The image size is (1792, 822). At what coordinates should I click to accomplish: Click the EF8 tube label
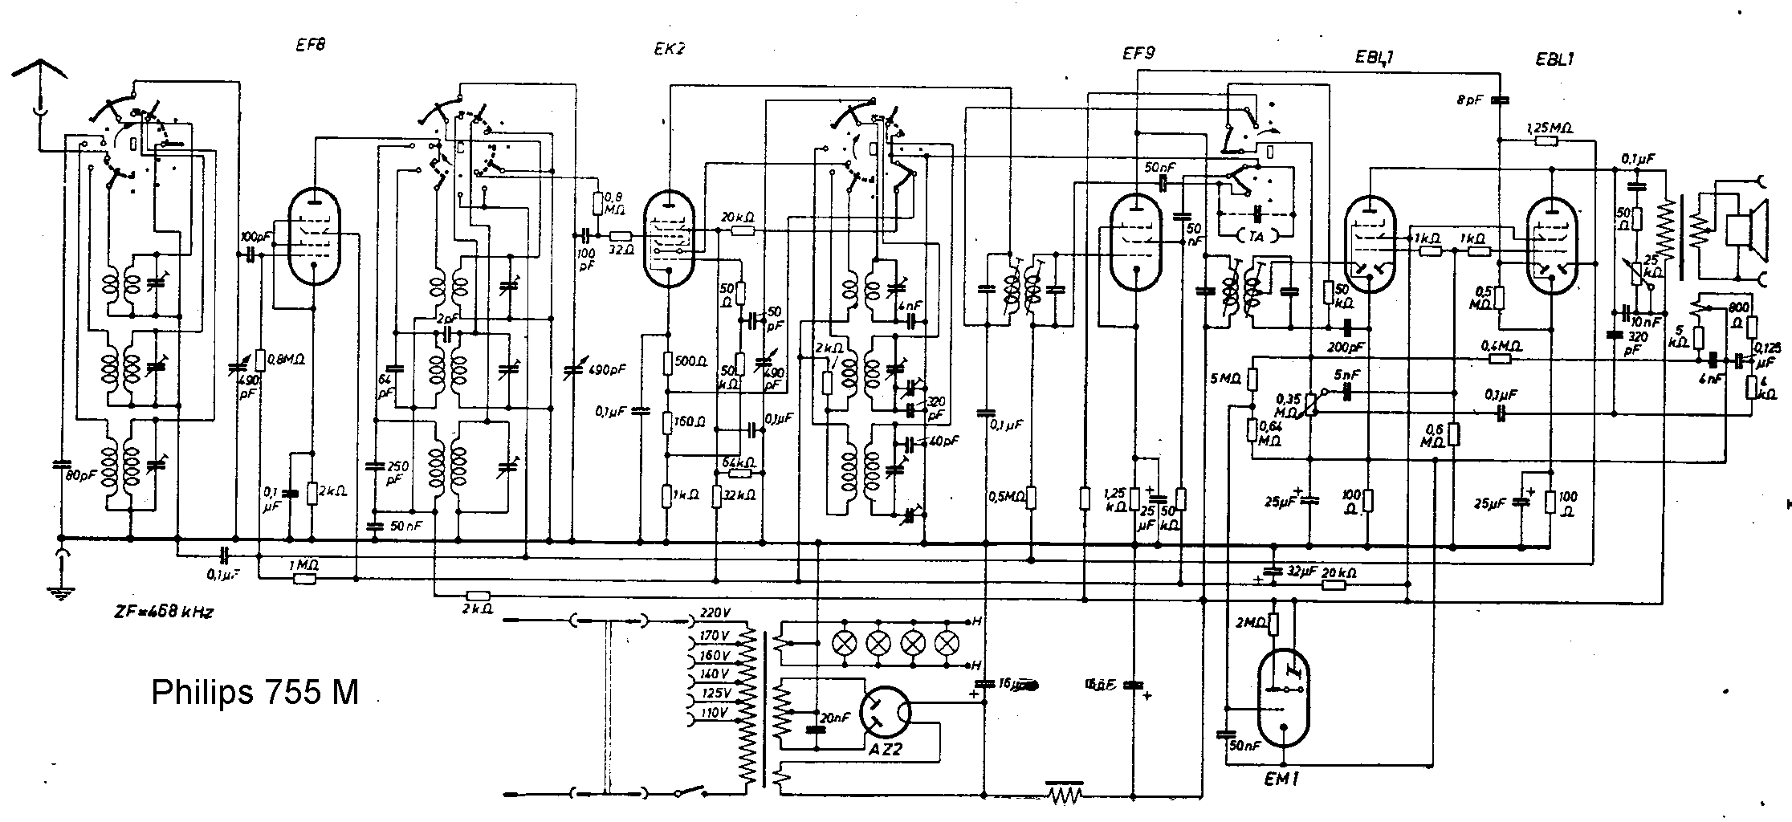(x=309, y=46)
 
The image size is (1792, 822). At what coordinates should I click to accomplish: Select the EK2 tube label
(x=669, y=48)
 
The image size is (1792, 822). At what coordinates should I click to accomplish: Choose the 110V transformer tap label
(x=713, y=712)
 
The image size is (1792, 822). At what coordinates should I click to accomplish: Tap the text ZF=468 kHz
(x=163, y=612)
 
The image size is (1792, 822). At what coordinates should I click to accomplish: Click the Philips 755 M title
(x=255, y=693)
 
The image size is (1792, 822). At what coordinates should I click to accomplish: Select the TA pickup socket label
(x=1257, y=236)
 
